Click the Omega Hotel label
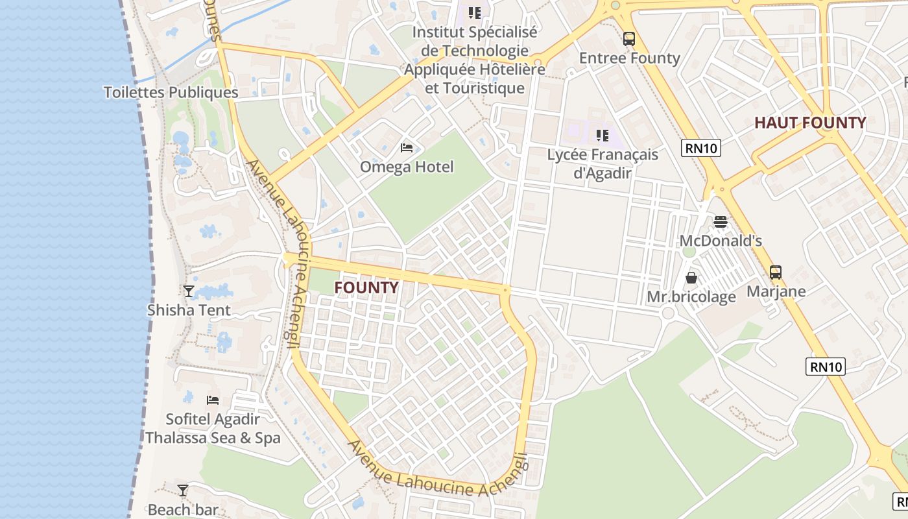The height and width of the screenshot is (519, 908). pyautogui.click(x=407, y=167)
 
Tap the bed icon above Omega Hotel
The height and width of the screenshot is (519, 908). pyautogui.click(x=407, y=148)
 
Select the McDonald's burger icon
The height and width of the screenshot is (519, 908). pyautogui.click(x=720, y=222)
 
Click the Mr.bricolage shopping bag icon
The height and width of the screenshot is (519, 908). pyautogui.click(x=691, y=278)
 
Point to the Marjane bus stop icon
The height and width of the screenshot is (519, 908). pyautogui.click(x=776, y=272)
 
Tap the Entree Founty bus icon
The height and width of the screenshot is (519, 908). pyautogui.click(x=629, y=39)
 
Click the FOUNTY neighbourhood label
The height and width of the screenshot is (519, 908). pyautogui.click(x=366, y=287)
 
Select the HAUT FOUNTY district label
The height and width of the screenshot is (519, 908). pyautogui.click(x=810, y=123)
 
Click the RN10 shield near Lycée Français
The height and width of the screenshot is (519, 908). pyautogui.click(x=702, y=148)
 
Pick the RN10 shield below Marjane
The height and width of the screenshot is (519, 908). pyautogui.click(x=826, y=367)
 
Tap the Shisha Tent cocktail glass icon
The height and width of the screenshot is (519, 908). pyautogui.click(x=189, y=291)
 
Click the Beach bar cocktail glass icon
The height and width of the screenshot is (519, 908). pyautogui.click(x=183, y=490)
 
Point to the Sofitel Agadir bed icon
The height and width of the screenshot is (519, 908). pyautogui.click(x=213, y=400)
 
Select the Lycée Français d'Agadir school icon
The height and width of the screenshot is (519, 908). pyautogui.click(x=603, y=136)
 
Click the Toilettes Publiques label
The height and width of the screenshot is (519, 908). pyautogui.click(x=171, y=92)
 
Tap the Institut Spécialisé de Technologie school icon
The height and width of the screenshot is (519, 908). pyautogui.click(x=475, y=12)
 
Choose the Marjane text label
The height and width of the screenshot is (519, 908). pyautogui.click(x=776, y=291)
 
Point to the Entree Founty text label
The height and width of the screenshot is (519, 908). pyautogui.click(x=629, y=58)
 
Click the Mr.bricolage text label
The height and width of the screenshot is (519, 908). pyautogui.click(x=691, y=296)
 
